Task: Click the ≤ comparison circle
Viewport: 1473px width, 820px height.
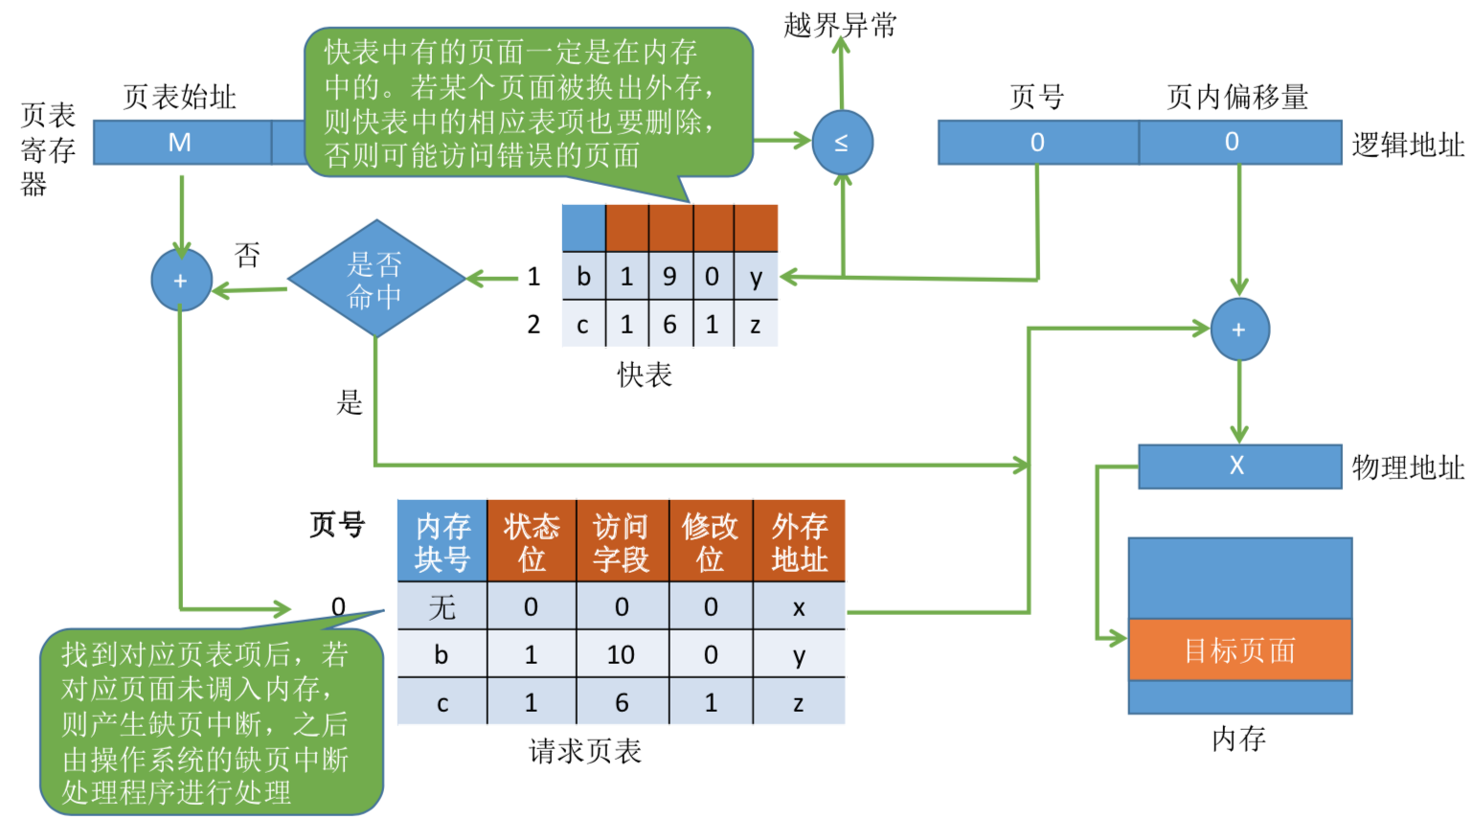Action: (842, 143)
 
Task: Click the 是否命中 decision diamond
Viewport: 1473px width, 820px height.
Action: (375, 279)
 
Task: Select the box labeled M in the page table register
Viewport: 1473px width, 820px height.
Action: (181, 143)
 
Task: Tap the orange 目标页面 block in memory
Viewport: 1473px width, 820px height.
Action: (1239, 650)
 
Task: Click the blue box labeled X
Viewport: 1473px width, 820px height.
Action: (1238, 466)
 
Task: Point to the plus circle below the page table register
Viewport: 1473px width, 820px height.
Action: (181, 281)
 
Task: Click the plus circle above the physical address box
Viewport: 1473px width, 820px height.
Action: (1239, 330)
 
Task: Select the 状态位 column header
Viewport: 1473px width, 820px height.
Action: (532, 541)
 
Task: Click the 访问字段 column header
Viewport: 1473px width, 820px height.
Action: (622, 541)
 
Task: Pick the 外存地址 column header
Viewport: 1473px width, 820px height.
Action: (799, 541)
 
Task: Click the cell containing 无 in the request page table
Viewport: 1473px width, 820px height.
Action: (442, 606)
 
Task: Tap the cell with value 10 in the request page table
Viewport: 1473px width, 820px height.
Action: (622, 654)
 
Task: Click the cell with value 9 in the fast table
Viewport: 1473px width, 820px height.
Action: (669, 277)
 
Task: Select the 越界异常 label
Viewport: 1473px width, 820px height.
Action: (840, 25)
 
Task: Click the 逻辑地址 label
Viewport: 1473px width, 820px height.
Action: (1407, 145)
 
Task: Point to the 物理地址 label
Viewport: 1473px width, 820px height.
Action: (1407, 467)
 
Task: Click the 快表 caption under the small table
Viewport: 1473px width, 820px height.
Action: (645, 375)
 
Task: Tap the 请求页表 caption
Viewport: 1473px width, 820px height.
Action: (584, 751)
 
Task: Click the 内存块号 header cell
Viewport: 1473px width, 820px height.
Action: (442, 541)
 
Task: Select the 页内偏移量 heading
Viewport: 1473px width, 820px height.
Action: (1236, 97)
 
